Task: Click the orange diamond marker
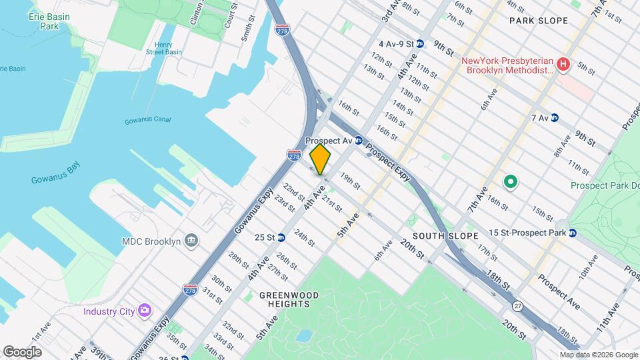coord(321,159)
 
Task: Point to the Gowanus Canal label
coord(147,121)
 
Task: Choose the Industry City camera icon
coord(144,311)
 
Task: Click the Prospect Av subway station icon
coord(358,141)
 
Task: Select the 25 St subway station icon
coord(281,237)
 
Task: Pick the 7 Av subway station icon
coord(555,118)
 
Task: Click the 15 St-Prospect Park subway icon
coord(572,233)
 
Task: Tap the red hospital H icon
coord(564,65)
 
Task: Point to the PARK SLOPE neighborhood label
coord(539,21)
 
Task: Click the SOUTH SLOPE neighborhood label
coord(445,236)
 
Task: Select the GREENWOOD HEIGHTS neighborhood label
coord(289,299)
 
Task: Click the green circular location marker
coord(511,181)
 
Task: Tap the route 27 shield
coord(518,305)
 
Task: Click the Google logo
coord(23,351)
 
